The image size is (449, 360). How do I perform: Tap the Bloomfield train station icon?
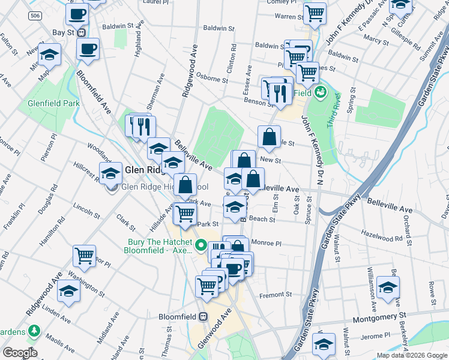(x=203, y=316)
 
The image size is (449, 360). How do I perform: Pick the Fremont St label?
(x=275, y=295)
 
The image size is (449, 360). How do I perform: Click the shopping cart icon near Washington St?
(x=85, y=256)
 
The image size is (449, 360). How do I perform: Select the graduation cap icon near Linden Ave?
(x=69, y=292)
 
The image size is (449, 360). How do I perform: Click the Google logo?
(x=20, y=353)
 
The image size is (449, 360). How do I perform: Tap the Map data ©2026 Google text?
(x=411, y=355)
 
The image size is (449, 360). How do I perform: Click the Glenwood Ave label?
(x=215, y=330)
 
